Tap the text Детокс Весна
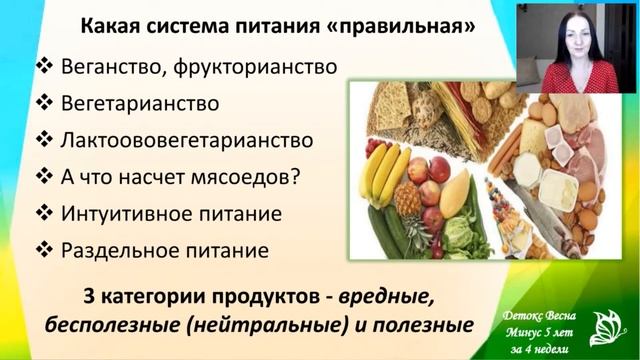(x=540, y=311)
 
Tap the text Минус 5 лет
(x=539, y=327)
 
